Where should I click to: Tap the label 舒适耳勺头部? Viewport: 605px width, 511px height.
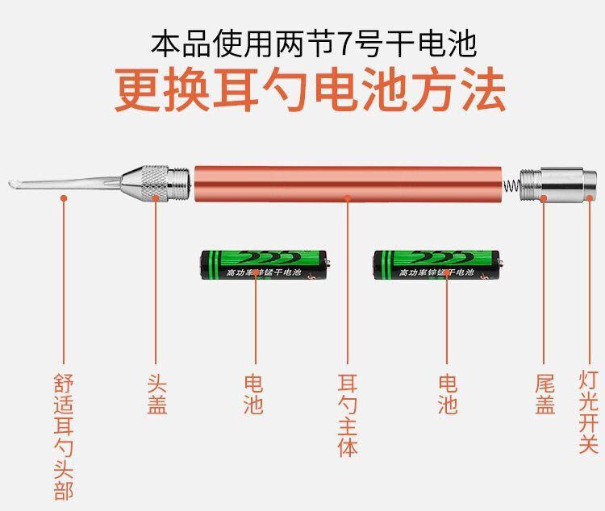tap(64, 435)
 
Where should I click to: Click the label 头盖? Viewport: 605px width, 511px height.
tap(156, 393)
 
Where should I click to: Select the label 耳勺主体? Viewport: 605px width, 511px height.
tap(348, 414)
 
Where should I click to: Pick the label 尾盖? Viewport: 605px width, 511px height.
tap(545, 393)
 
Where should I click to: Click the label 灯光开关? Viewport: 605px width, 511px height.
tap(588, 411)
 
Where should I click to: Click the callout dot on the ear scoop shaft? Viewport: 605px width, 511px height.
tap(64, 196)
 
